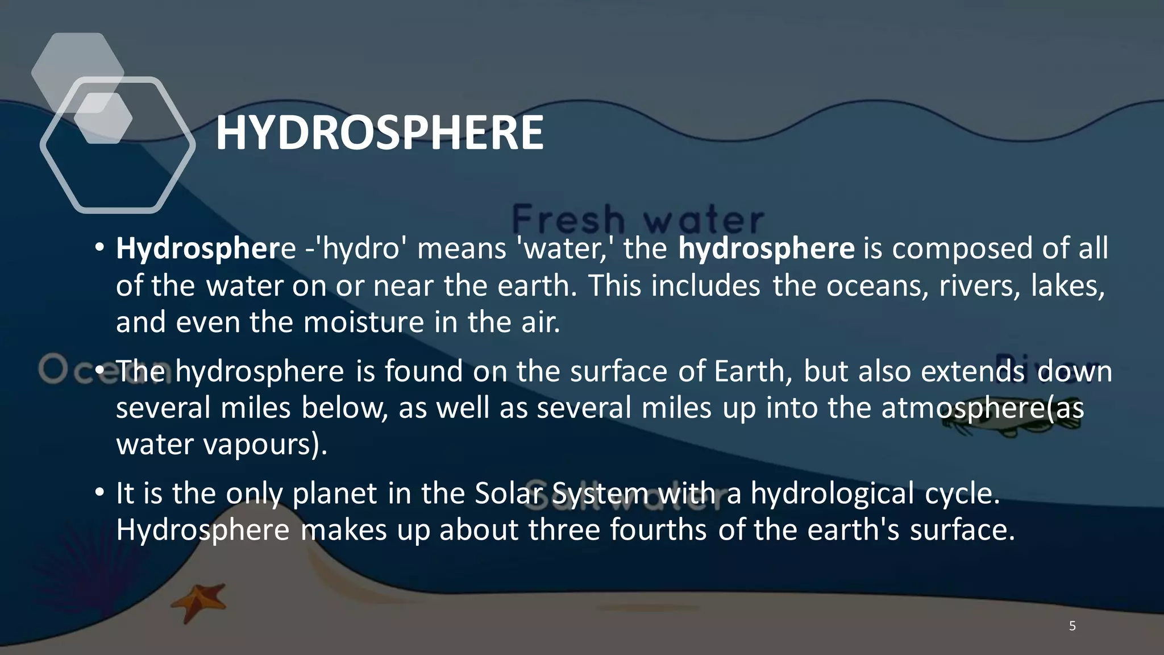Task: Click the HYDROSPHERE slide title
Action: [379, 133]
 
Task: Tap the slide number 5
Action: [1072, 626]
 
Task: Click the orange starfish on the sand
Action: [199, 602]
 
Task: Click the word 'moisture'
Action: [364, 322]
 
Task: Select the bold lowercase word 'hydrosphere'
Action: [766, 248]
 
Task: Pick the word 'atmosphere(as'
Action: [982, 408]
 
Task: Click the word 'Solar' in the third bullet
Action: [509, 493]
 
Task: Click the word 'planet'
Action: [335, 493]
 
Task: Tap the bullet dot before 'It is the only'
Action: [100, 492]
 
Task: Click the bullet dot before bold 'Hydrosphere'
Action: [100, 248]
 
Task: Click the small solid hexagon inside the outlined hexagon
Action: [103, 118]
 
